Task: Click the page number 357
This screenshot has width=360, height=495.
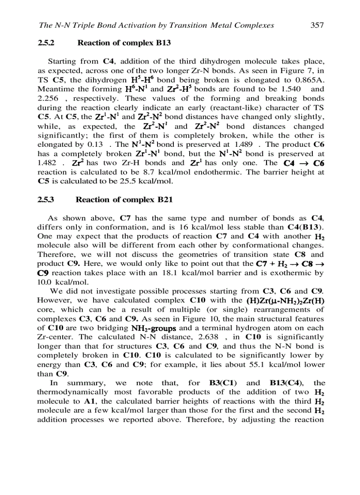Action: point(317,25)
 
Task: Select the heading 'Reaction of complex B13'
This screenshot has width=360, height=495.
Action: point(124,43)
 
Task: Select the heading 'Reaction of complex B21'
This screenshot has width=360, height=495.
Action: point(124,200)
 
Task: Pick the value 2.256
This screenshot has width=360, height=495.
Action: point(48,98)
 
